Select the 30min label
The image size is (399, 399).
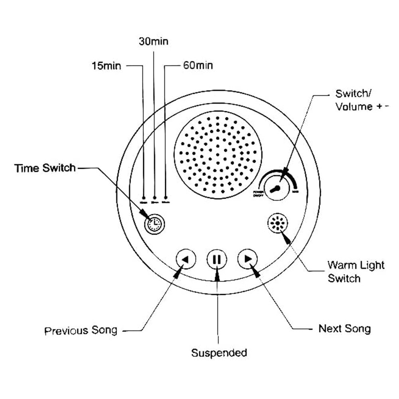[154, 41]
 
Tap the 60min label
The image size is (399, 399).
[198, 65]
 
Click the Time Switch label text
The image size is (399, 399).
[45, 168]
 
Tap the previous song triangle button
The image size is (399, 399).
[186, 259]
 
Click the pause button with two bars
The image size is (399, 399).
[217, 259]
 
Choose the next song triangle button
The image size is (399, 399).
[248, 259]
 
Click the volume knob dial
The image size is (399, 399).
[277, 189]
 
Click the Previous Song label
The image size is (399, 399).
[81, 331]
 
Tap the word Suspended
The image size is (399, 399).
[219, 353]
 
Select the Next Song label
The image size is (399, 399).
[344, 329]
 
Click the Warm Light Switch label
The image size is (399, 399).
[350, 272]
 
